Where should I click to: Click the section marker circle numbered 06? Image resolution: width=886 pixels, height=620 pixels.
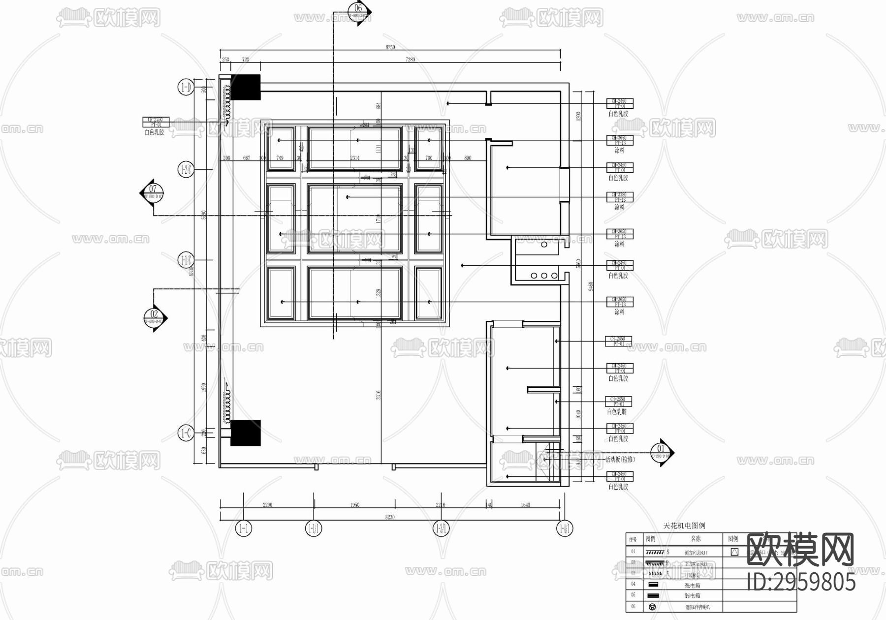pyautogui.click(x=358, y=8)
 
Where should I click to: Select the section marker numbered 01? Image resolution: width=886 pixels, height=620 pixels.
pyautogui.click(x=661, y=452)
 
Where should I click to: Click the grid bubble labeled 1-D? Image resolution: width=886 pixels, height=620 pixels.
pyautogui.click(x=185, y=88)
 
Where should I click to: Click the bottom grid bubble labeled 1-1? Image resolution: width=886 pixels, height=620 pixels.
pyautogui.click(x=244, y=529)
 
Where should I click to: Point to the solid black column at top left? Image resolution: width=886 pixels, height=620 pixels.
pyautogui.click(x=245, y=87)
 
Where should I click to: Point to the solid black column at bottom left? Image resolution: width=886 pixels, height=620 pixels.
pyautogui.click(x=245, y=433)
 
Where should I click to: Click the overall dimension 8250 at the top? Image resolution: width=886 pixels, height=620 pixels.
pyautogui.click(x=390, y=47)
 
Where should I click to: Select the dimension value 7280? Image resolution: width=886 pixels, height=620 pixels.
pyautogui.click(x=410, y=60)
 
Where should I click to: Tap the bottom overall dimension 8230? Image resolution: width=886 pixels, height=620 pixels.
pyautogui.click(x=390, y=517)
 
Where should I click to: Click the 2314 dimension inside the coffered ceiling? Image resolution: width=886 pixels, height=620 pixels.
pyautogui.click(x=354, y=158)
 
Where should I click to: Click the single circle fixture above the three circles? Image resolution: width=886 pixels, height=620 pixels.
pyautogui.click(x=544, y=245)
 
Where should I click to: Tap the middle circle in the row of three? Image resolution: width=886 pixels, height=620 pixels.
pyautogui.click(x=544, y=276)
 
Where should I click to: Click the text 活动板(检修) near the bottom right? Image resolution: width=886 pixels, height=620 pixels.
pyautogui.click(x=620, y=460)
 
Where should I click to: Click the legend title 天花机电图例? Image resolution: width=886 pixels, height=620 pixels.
pyautogui.click(x=684, y=526)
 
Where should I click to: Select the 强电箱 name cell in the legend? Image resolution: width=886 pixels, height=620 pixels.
pyautogui.click(x=693, y=586)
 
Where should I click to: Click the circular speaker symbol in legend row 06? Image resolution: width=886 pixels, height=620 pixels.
pyautogui.click(x=652, y=607)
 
